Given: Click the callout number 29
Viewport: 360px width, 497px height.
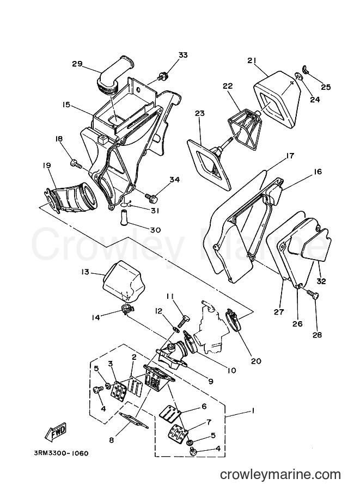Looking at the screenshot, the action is coord(77,64).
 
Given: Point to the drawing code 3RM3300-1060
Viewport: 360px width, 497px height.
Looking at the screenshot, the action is coord(61,453).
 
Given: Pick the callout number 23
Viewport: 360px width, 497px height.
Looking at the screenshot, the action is coord(200,113).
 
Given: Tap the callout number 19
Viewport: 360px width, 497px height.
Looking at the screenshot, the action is coord(47,165).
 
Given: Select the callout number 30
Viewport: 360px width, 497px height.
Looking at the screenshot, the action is coord(155,230).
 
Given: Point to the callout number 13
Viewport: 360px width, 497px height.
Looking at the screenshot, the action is coord(85,272).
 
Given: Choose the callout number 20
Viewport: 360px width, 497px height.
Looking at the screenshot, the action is coord(256,361).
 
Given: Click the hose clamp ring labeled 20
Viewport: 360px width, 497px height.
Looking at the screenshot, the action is coord(236,321).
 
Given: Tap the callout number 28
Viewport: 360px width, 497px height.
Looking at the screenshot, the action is coord(317,335).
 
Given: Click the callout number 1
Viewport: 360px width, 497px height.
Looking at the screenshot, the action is coord(253,411).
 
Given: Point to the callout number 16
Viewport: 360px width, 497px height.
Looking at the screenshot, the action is coord(318,171).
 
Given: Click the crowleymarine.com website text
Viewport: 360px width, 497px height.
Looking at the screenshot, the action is coord(280,475).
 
